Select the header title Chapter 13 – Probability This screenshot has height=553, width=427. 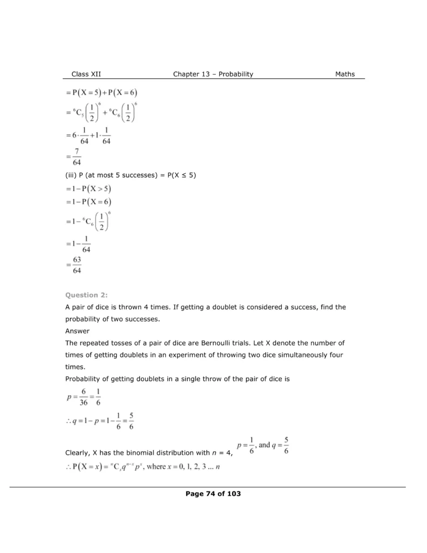point(213,74)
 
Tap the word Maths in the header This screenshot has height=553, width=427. point(345,74)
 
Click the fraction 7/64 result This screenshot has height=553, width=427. point(76,156)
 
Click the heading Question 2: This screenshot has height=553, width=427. point(86,295)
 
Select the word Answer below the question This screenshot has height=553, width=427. point(78,331)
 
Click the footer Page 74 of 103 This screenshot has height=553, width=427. point(213,494)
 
